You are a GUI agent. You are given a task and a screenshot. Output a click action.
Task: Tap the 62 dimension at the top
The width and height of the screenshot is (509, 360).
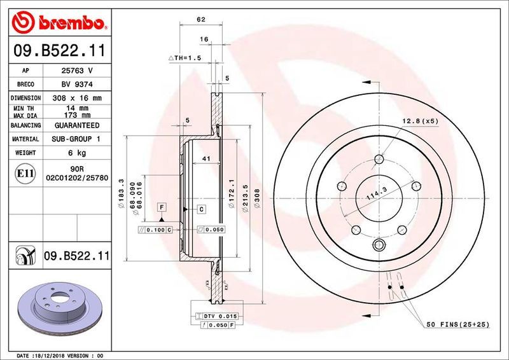[x=200, y=20]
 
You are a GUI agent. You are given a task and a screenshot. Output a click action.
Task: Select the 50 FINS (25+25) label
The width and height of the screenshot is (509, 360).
[x=457, y=324]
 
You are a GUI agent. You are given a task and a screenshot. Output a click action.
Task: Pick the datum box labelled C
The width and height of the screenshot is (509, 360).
[x=200, y=209]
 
